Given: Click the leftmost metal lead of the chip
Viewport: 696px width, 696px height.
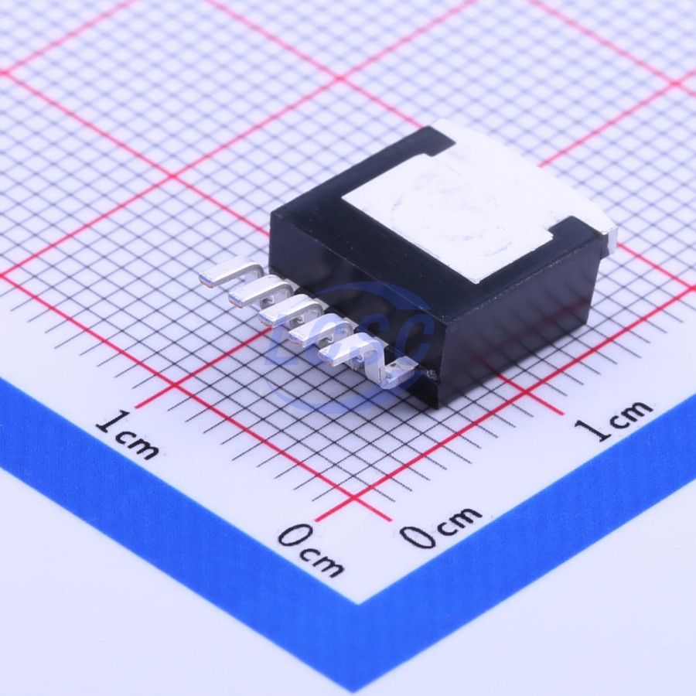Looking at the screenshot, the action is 227,272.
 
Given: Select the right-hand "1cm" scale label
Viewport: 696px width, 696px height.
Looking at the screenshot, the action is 612,419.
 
